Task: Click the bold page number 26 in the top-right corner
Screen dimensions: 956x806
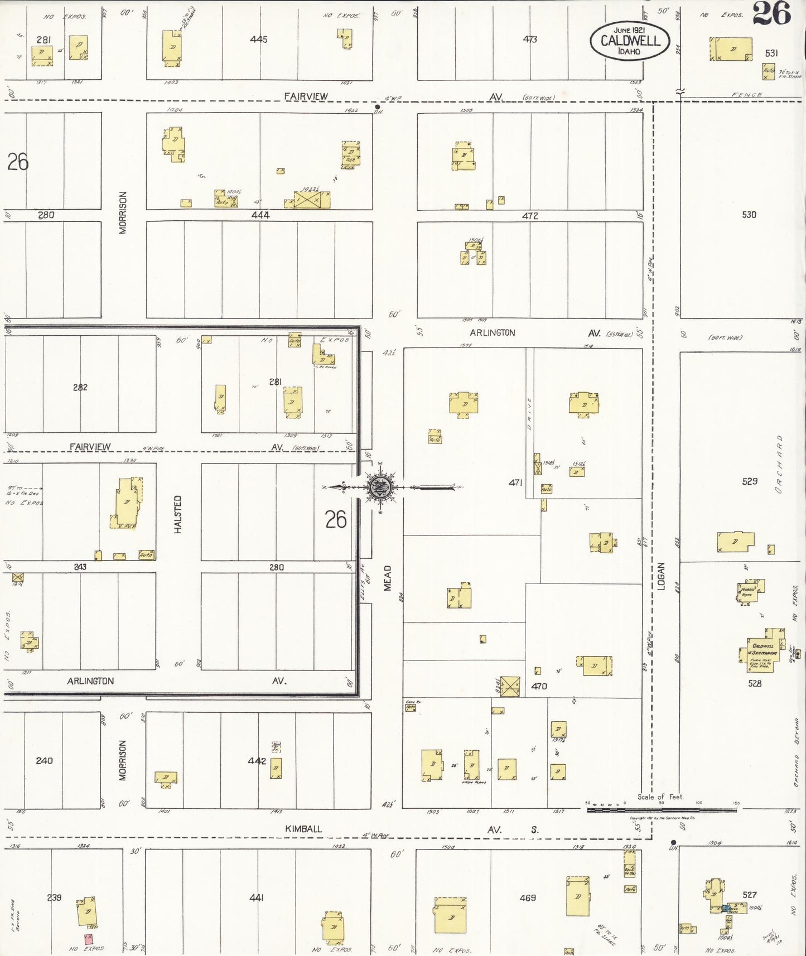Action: click(771, 13)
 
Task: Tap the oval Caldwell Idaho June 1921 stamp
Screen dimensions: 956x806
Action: click(630, 41)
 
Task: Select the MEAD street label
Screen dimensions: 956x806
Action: click(387, 578)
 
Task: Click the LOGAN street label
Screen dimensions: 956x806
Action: click(661, 576)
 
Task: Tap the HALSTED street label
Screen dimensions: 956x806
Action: click(178, 514)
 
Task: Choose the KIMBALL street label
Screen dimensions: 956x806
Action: click(303, 829)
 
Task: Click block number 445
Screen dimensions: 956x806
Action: click(259, 39)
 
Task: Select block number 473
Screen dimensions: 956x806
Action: click(530, 39)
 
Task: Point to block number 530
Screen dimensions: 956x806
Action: click(749, 215)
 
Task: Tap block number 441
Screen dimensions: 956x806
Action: click(256, 897)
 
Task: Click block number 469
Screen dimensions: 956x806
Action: click(528, 897)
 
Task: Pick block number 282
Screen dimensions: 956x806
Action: click(80, 387)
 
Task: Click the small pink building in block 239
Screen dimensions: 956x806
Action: click(88, 939)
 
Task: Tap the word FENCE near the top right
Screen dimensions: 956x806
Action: click(746, 95)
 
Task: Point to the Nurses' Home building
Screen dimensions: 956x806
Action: click(750, 591)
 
